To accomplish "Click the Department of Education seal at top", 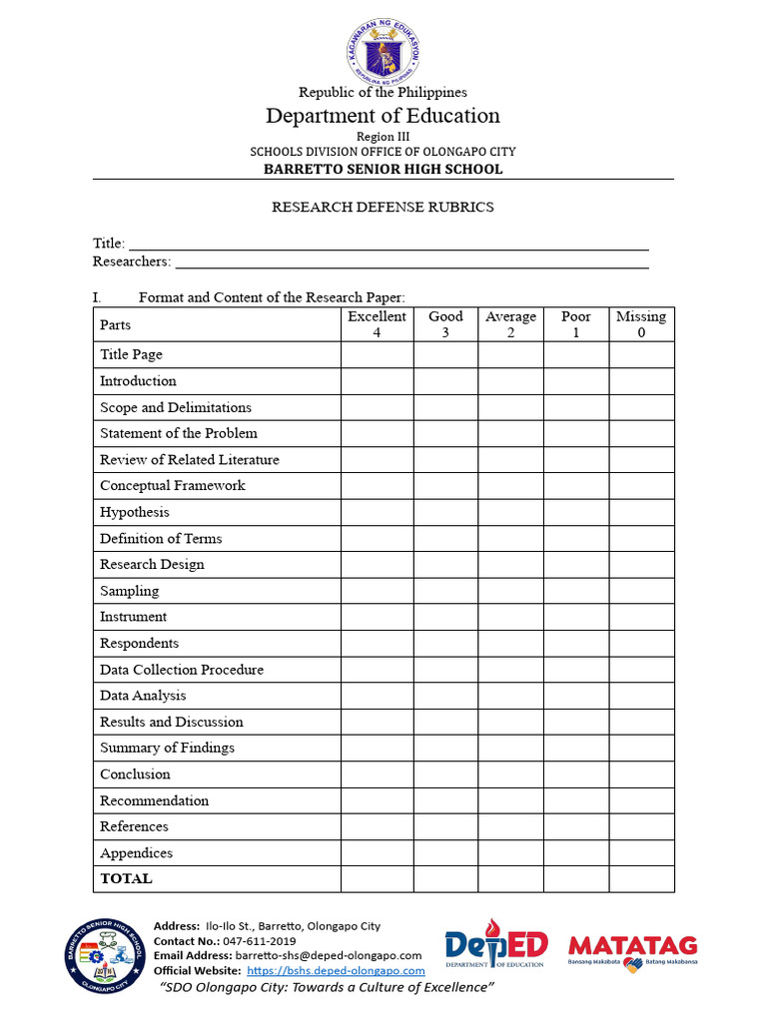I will [x=383, y=51].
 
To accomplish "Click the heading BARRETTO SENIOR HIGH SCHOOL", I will [x=383, y=169].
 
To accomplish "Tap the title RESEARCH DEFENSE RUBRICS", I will [x=383, y=208].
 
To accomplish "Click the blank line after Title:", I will [x=388, y=244].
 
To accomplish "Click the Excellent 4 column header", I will [x=377, y=324].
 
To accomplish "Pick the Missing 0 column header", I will [x=641, y=324].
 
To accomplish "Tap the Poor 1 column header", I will [x=576, y=324].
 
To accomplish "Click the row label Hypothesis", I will [x=135, y=512].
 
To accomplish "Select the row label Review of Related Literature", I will [x=190, y=460].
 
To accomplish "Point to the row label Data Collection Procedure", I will [x=182, y=670].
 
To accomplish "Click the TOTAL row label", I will [x=127, y=879].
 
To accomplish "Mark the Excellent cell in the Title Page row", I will [x=377, y=354].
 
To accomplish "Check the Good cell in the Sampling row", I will [x=445, y=591].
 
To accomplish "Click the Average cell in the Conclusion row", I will [x=510, y=774].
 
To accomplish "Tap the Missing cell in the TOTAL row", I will [x=641, y=879].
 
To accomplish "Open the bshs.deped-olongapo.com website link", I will [x=336, y=970].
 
